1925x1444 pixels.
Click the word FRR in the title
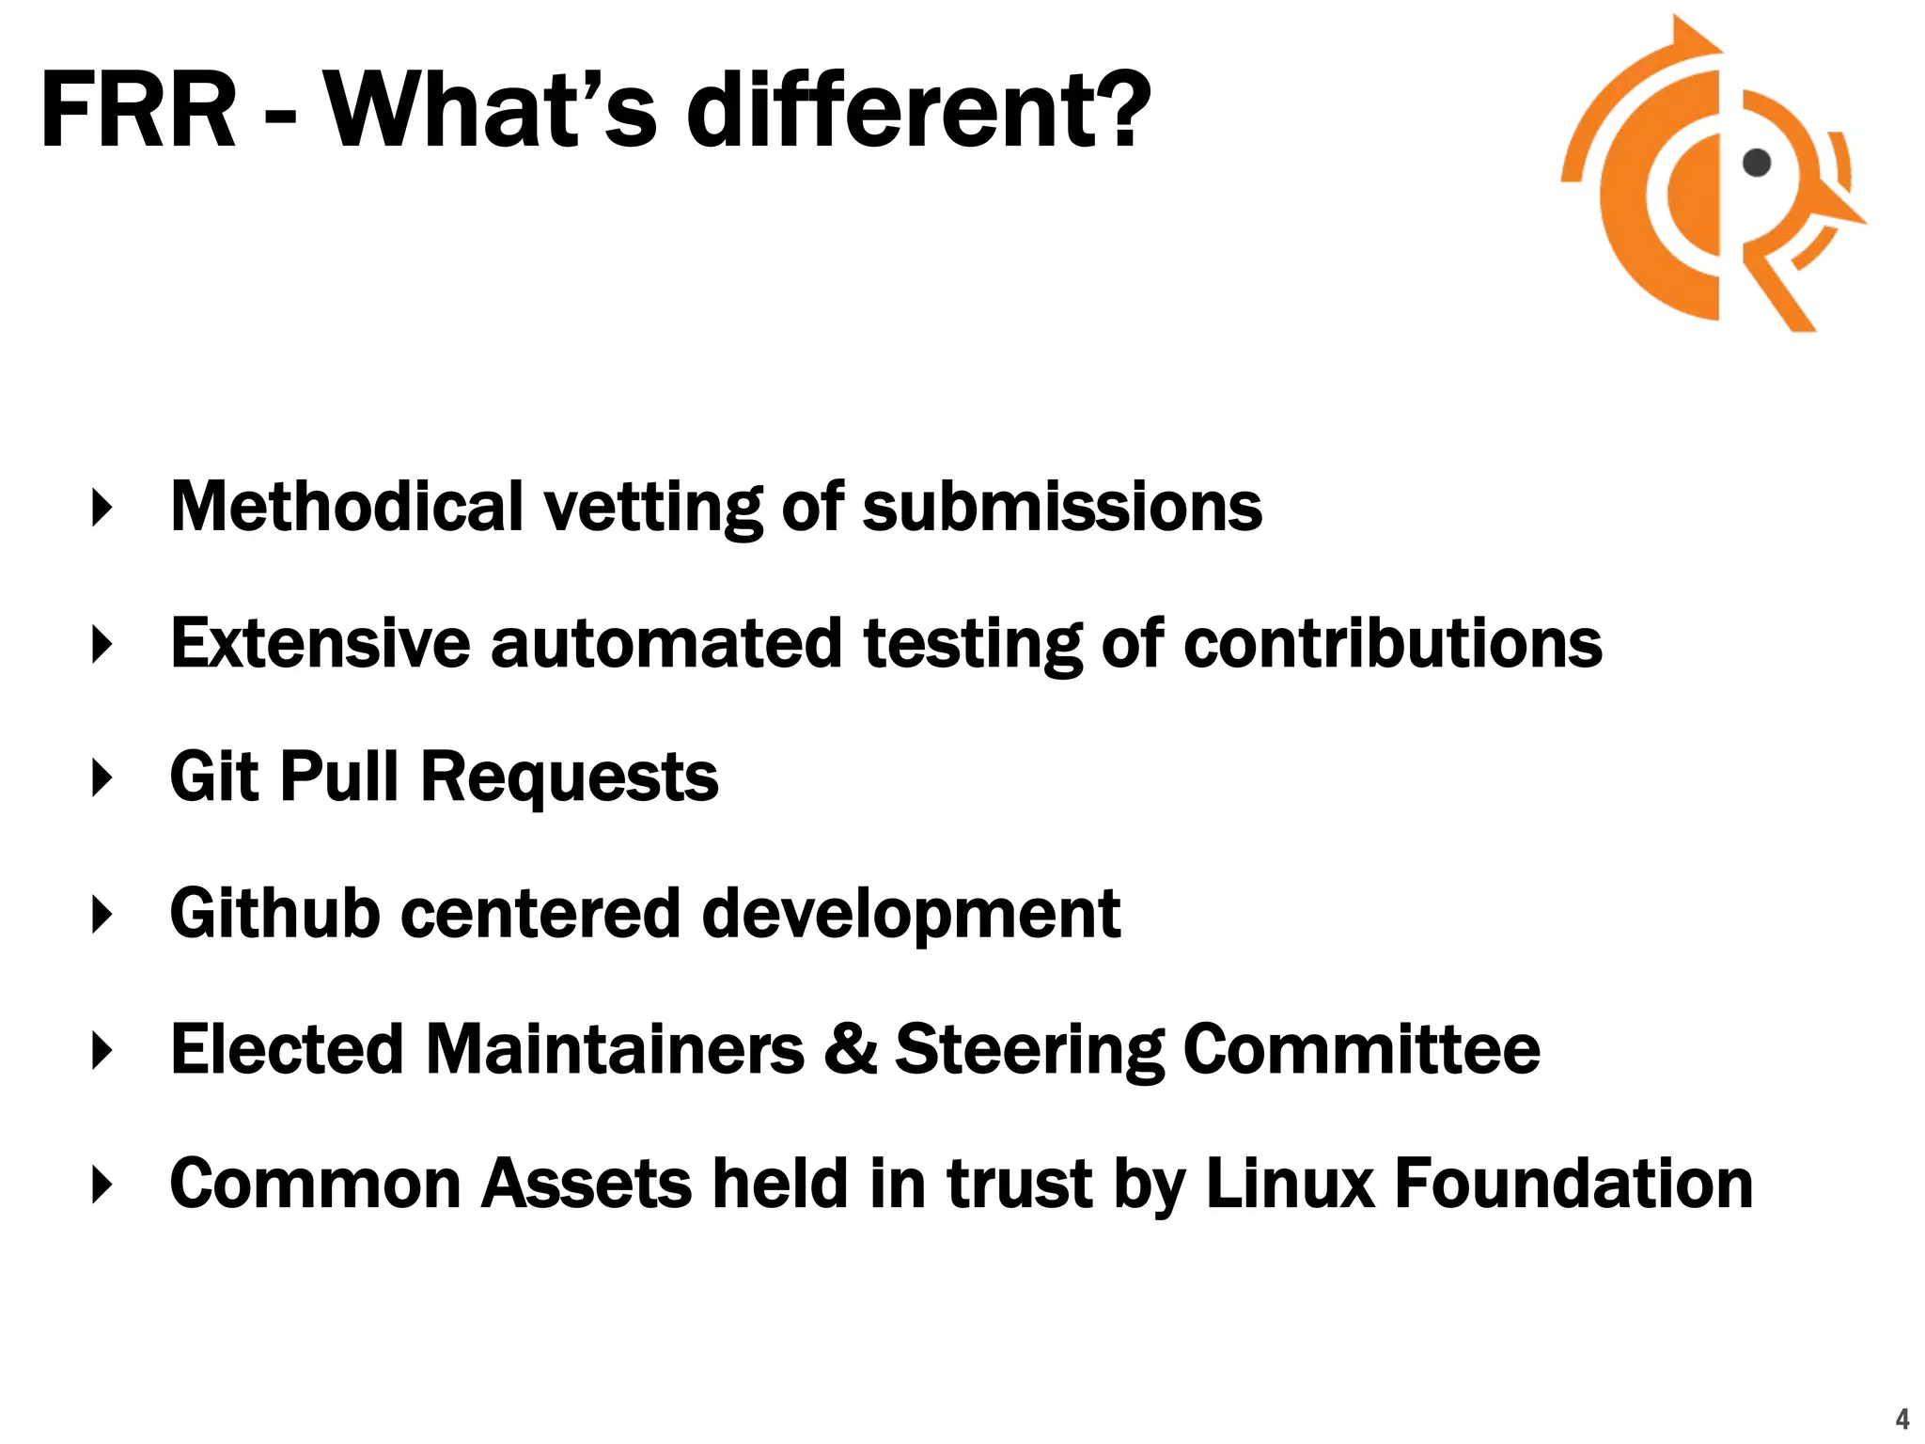[x=138, y=111]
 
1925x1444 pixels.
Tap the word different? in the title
[x=918, y=111]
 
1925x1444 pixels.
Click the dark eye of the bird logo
[x=1756, y=163]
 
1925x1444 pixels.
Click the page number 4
[x=1902, y=1418]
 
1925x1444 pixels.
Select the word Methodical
[x=346, y=507]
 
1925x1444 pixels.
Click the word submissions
[x=1062, y=509]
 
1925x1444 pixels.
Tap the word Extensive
[x=320, y=644]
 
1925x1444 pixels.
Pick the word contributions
[x=1392, y=644]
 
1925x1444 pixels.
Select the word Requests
[x=569, y=778]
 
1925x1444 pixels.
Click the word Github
[x=274, y=913]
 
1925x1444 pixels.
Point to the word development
[x=911, y=915]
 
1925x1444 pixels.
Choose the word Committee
[x=1361, y=1049]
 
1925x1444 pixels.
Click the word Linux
[x=1289, y=1184]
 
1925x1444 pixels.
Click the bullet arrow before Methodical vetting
[x=102, y=508]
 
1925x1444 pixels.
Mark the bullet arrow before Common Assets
[x=102, y=1185]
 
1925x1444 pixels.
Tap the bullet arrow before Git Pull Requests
[x=102, y=778]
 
